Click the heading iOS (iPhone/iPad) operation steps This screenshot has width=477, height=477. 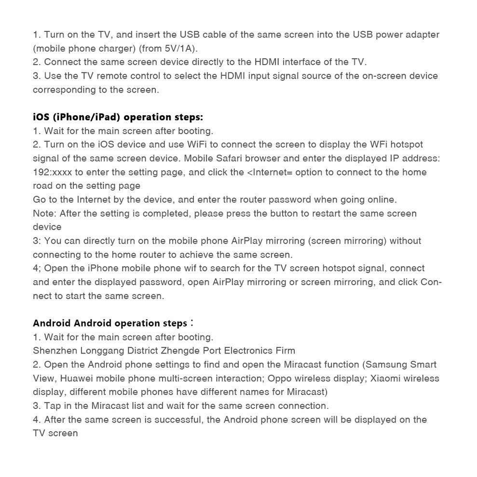point(118,117)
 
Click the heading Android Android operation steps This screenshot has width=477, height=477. point(110,323)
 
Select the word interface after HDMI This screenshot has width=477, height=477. point(302,62)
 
